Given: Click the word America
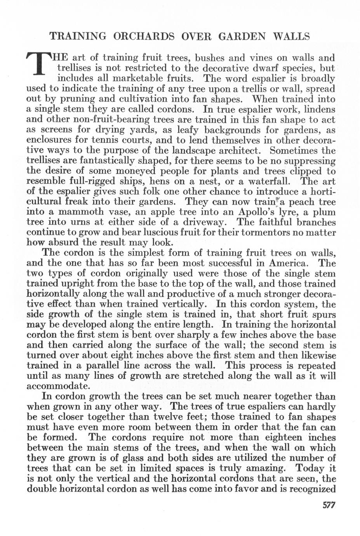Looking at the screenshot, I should tap(289, 263).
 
